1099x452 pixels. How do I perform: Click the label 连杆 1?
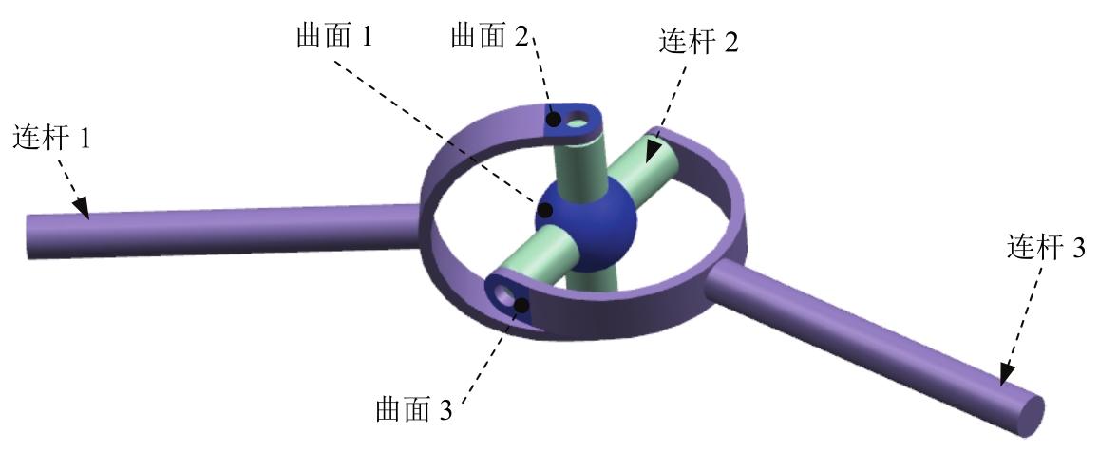(52, 140)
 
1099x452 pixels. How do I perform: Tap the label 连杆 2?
(696, 41)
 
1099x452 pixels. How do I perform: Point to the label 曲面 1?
(334, 37)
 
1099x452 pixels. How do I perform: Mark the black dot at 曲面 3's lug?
(521, 303)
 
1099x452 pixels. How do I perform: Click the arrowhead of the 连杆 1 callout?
(84, 209)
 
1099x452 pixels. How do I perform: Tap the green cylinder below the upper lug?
(583, 157)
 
